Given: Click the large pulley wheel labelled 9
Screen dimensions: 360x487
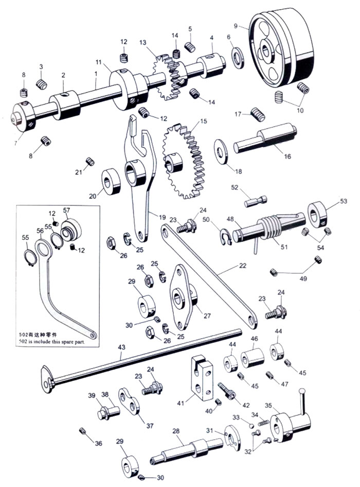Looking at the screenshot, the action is [281, 48].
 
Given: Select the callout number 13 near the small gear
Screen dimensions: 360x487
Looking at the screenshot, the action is [143, 42].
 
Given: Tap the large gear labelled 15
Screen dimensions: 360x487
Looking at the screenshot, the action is [183, 161].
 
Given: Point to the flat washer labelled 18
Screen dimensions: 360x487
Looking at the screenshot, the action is [221, 151].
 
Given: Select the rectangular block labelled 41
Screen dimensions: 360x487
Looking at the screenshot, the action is [202, 378].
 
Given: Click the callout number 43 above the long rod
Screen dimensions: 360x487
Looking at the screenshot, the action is [121, 347].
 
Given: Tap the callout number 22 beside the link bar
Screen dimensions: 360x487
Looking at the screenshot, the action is [242, 266].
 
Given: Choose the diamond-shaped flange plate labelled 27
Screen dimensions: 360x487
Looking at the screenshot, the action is [183, 297].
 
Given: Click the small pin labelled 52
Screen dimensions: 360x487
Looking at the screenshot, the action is [256, 201].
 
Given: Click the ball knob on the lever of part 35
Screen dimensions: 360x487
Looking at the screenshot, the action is [302, 390].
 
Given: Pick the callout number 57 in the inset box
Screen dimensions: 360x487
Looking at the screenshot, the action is [66, 210].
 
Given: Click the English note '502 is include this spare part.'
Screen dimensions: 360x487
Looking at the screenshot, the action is [51, 342].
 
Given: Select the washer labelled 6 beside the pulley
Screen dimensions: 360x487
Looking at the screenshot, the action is [238, 58].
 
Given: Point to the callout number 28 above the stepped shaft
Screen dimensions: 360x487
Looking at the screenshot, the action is [176, 431].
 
